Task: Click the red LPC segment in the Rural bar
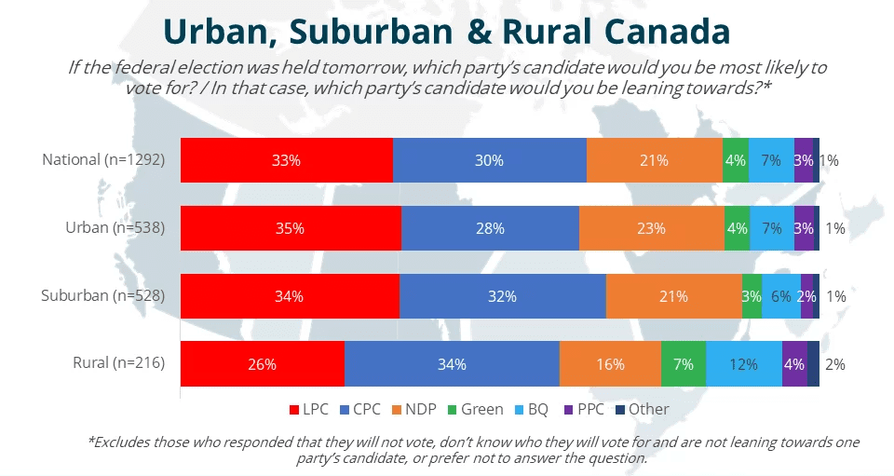262,364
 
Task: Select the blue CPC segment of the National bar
489,160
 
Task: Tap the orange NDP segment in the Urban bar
651,228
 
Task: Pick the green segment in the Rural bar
684,364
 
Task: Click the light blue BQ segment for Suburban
780,296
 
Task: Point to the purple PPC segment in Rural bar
794,364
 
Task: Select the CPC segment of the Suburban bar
502,296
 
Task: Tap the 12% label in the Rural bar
743,364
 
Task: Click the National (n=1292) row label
103,160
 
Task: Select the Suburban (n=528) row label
102,296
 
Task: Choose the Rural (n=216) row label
118,364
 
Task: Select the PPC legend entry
586,409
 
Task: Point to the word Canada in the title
665,32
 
